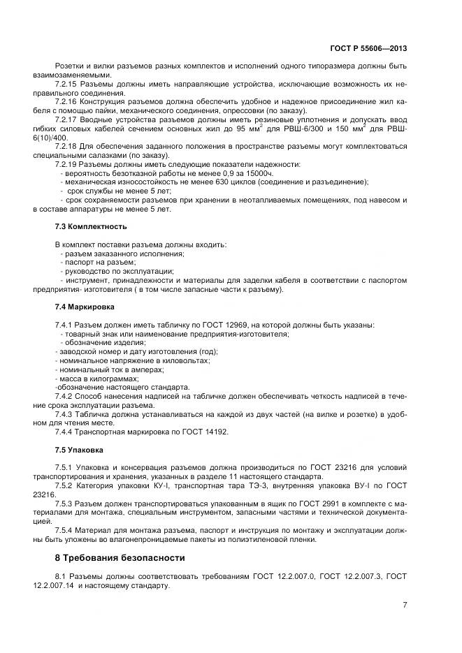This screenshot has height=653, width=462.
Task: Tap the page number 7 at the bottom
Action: [405, 605]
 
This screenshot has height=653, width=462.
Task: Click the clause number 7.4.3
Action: [65, 414]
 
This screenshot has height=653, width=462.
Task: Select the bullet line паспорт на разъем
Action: [95, 263]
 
